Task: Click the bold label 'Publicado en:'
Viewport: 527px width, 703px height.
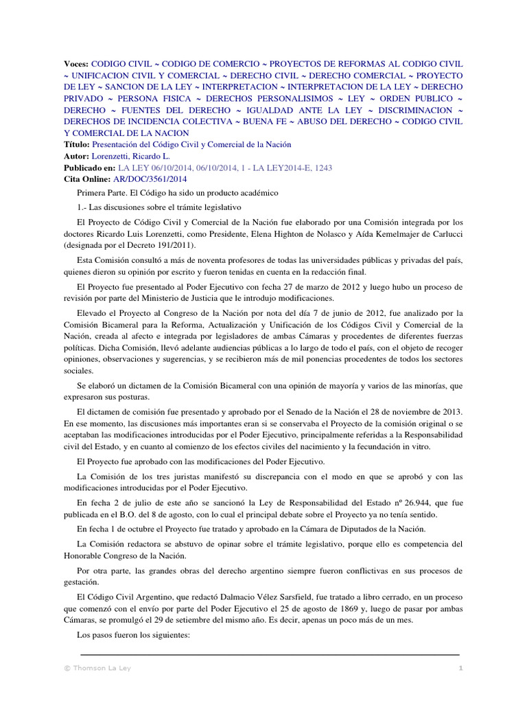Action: [90, 168]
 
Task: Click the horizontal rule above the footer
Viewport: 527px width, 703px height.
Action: [270, 655]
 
